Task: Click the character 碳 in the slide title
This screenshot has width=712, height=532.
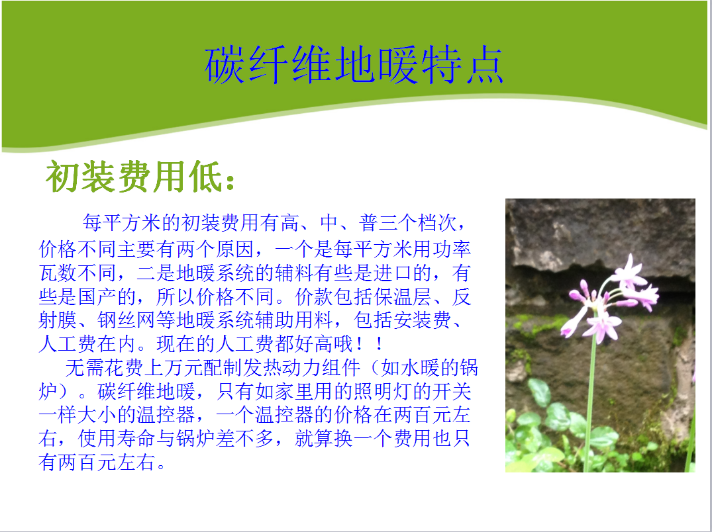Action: (x=225, y=65)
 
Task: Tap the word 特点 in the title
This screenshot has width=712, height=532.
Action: (x=462, y=65)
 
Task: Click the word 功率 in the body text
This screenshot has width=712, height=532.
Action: (x=451, y=249)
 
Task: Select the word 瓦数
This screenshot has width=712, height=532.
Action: (x=58, y=273)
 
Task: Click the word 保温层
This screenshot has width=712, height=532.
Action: (x=402, y=296)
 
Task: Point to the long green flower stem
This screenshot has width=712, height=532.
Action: (x=590, y=399)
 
